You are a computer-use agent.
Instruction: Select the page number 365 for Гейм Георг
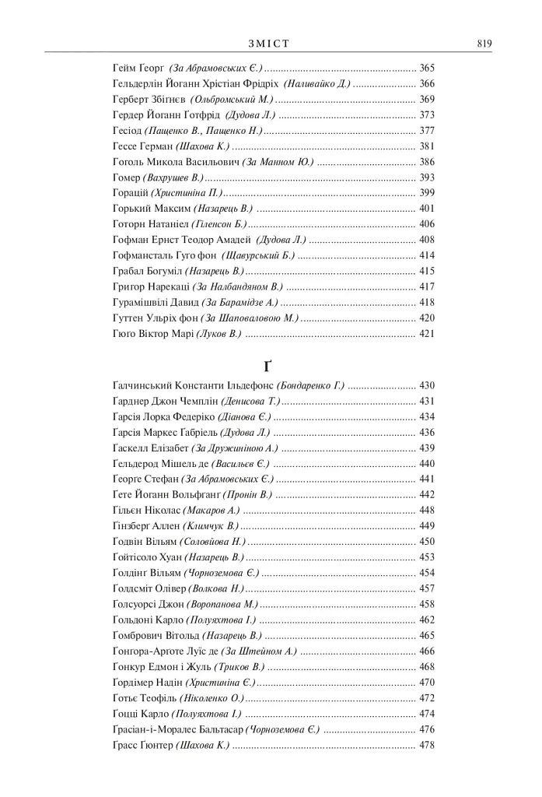pos(427,68)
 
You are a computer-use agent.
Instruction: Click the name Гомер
pos(128,177)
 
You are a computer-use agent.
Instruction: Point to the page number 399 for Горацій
pos(427,192)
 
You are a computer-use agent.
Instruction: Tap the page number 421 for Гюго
pos(427,333)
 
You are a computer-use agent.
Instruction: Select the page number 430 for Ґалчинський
pos(427,385)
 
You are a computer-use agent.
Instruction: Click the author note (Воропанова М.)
pos(222,604)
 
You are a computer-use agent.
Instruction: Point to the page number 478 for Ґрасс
pos(427,745)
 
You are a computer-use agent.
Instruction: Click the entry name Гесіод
pos(128,130)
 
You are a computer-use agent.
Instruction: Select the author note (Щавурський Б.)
pos(259,255)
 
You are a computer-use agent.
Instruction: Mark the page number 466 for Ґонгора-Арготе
pos(427,651)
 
